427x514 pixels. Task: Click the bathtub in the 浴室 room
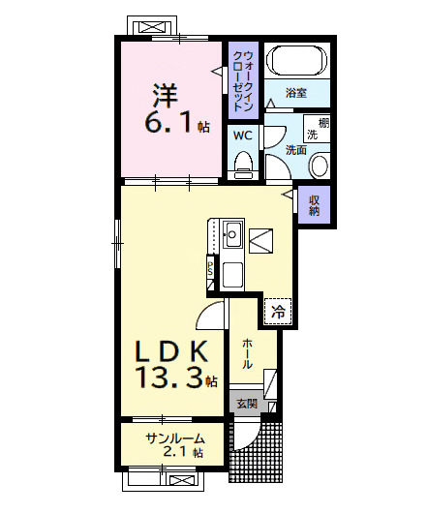pos(296,62)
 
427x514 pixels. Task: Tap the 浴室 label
pos(296,94)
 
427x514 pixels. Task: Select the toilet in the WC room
pos(243,162)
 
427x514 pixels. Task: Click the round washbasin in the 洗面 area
pos(319,166)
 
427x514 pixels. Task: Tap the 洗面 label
pos(295,149)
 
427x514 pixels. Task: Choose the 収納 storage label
pos(315,204)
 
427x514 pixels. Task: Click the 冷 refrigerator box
pos(277,312)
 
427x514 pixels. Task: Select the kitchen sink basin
pos(233,233)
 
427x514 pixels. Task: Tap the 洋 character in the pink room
pos(163,95)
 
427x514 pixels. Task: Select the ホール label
pos(248,352)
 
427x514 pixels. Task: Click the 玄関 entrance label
pos(247,404)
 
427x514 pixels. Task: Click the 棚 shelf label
pos(324,122)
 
